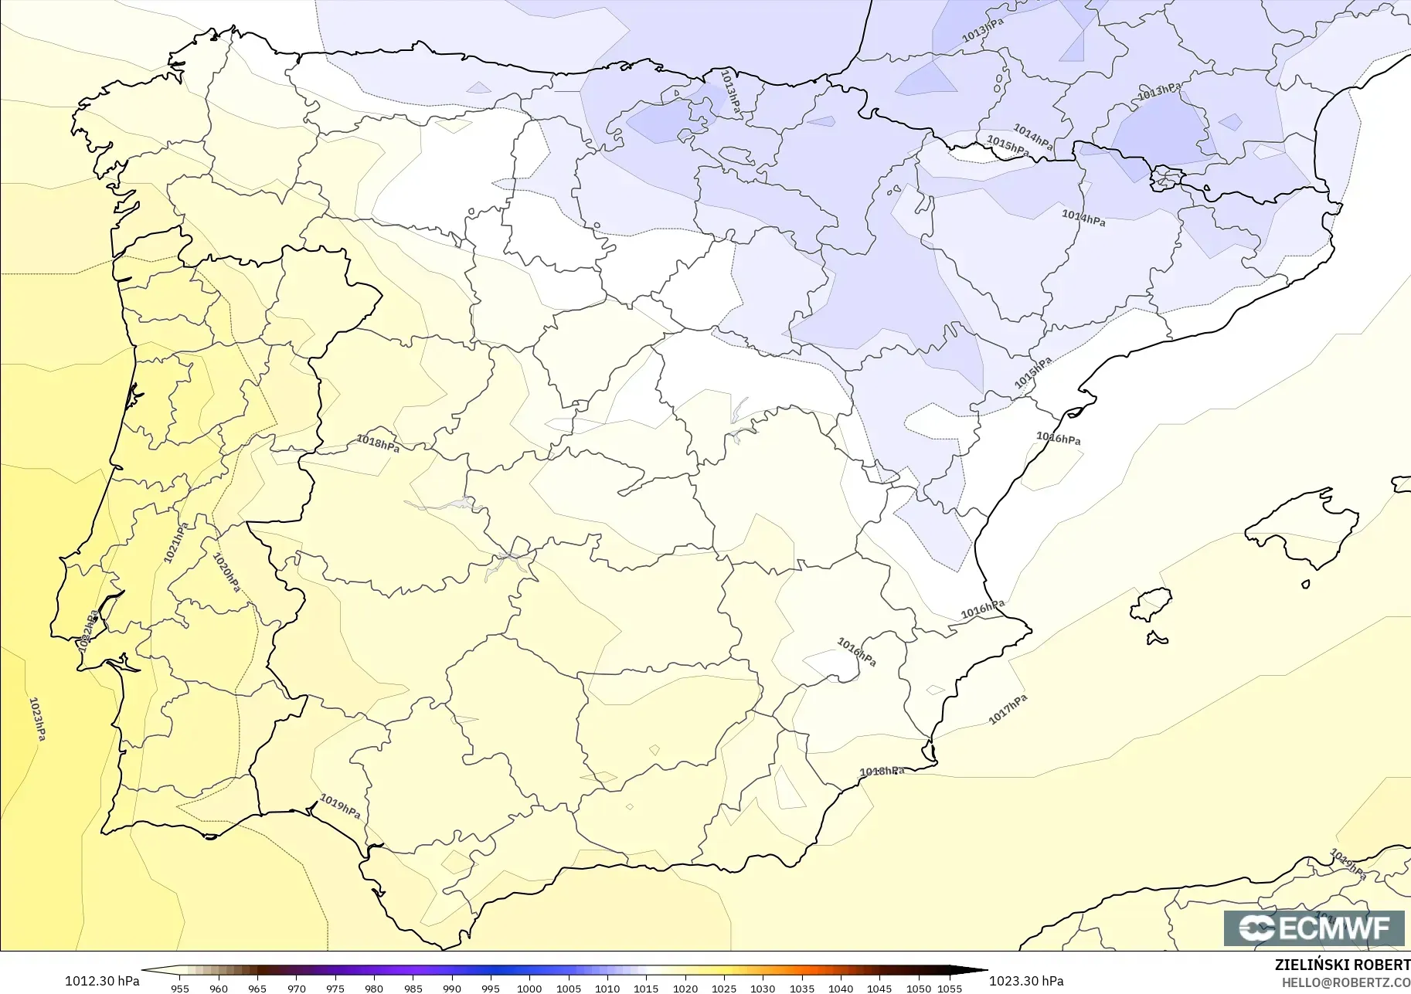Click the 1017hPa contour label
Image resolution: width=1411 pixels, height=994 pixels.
1008,710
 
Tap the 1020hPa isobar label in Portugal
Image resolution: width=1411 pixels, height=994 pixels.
226,572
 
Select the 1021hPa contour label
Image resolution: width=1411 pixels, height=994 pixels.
175,543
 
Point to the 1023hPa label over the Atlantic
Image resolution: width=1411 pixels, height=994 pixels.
37,718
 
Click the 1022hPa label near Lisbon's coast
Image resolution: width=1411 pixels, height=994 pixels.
89,629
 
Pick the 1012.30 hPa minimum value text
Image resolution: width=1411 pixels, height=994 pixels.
102,981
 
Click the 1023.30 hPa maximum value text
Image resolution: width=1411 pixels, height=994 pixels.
1026,981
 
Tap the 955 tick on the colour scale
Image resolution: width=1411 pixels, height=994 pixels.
180,988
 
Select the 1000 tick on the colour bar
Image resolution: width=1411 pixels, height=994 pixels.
529,988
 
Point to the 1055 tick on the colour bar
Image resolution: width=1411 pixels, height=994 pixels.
950,988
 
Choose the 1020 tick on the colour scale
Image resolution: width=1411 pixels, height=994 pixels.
685,988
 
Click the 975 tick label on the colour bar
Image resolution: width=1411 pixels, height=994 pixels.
335,988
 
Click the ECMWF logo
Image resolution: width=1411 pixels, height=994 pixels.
1314,928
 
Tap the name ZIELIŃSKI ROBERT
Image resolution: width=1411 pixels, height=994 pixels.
1342,965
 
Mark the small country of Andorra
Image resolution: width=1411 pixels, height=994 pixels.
1166,178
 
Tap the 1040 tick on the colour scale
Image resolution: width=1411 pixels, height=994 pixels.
841,988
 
